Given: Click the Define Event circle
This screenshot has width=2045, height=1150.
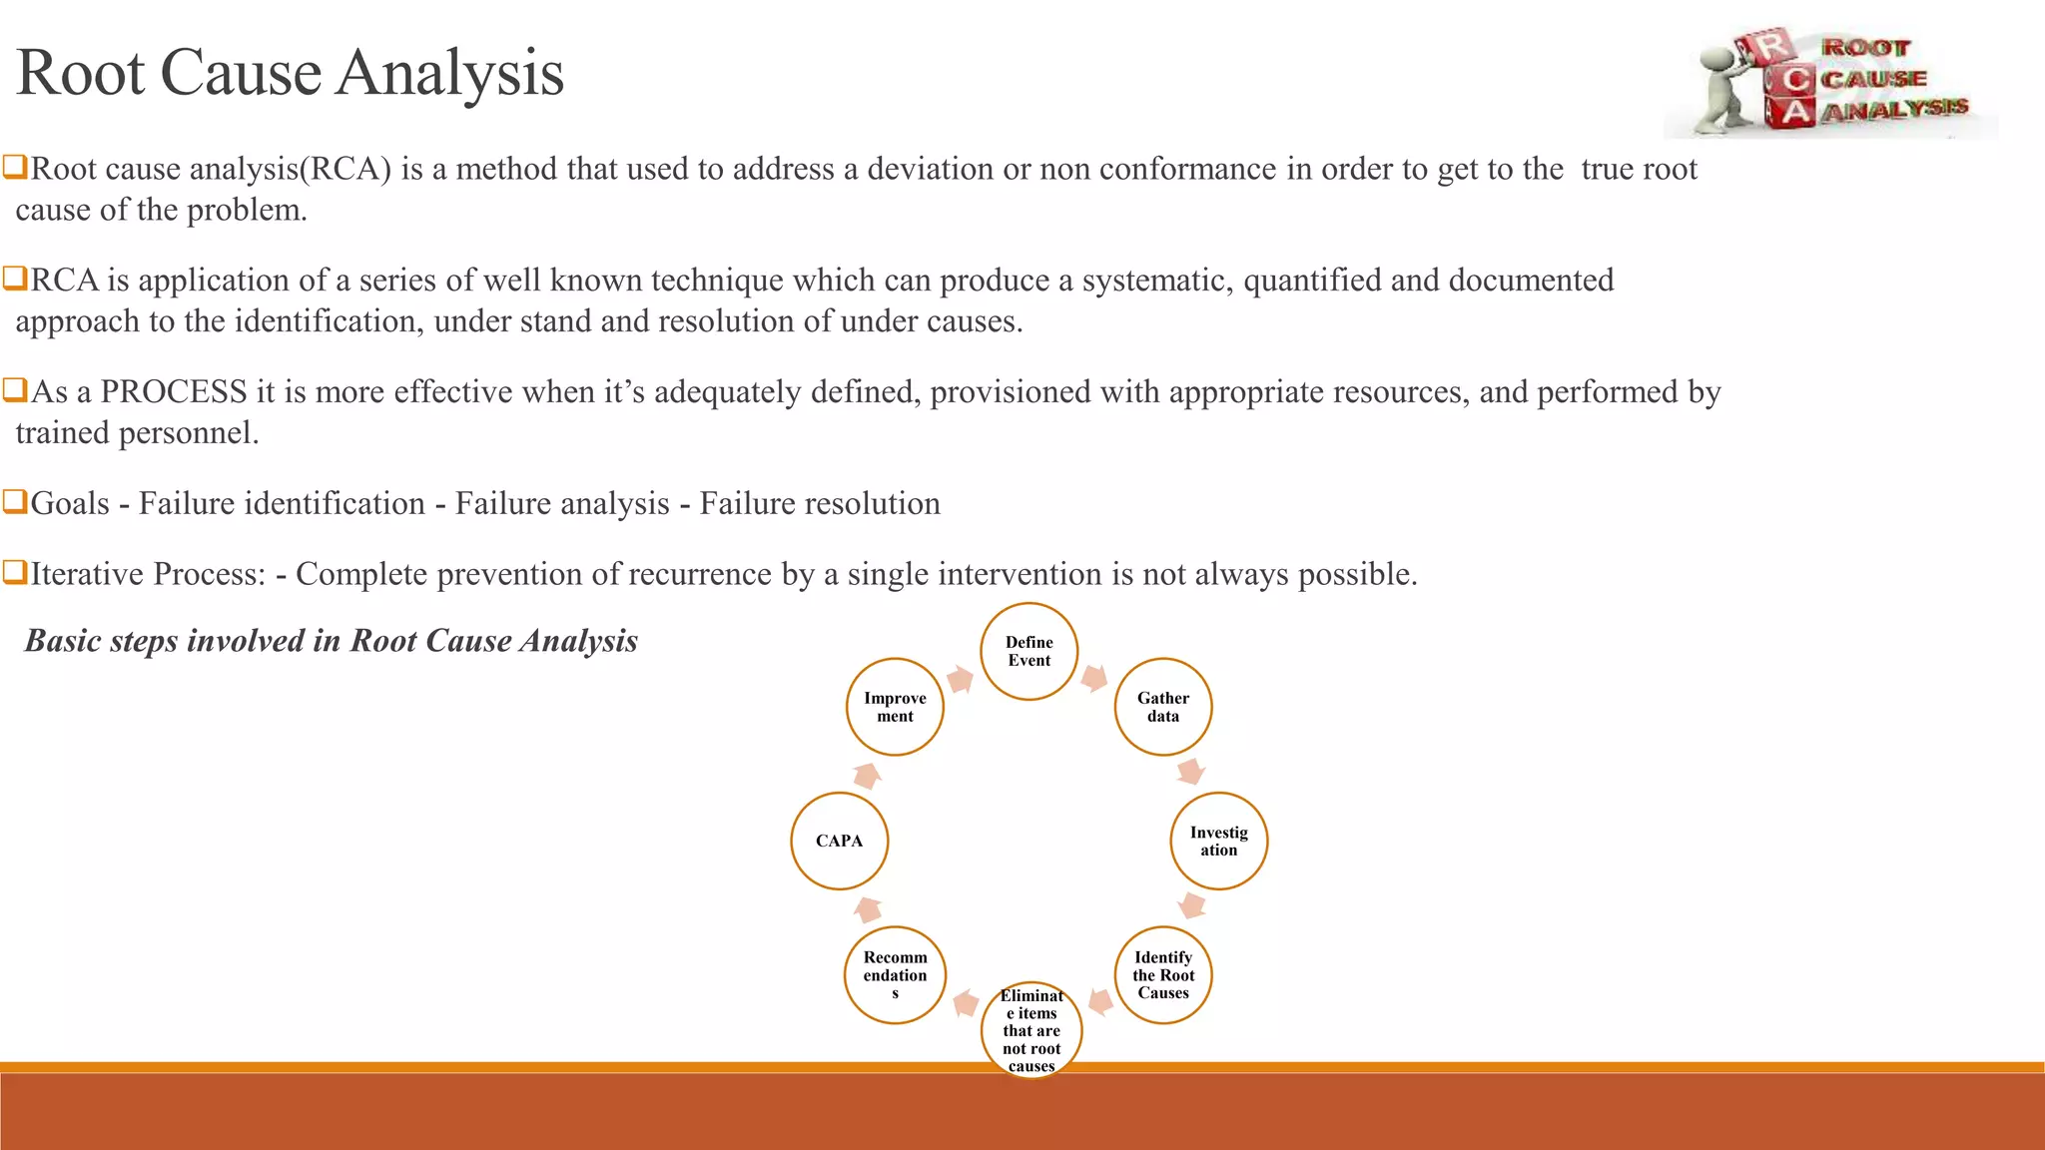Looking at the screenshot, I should [1029, 652].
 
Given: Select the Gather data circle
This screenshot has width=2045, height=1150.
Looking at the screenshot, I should [1163, 707].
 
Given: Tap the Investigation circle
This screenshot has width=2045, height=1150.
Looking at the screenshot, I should [1218, 841].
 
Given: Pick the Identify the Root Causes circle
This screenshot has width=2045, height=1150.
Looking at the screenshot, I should [1163, 975].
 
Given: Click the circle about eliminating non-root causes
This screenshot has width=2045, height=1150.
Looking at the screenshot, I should [1031, 1030].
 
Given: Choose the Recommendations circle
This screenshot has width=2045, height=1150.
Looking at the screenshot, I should [896, 975].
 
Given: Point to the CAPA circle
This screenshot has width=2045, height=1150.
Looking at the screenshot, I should [840, 841].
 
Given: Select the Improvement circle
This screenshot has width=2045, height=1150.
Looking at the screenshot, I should [896, 707].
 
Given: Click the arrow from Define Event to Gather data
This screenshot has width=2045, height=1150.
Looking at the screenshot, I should [1094, 679].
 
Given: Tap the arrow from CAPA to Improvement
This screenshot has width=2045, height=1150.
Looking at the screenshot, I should [867, 776].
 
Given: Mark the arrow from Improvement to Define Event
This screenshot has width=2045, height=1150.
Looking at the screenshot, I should [960, 680].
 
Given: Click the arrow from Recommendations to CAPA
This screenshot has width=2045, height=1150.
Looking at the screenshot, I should [869, 909].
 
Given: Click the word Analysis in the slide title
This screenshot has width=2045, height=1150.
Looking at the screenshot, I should [449, 74].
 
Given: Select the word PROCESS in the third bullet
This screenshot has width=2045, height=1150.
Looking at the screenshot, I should [174, 392].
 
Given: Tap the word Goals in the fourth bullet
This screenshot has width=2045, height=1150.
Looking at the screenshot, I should [70, 504].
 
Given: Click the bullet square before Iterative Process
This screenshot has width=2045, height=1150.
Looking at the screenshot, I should [14, 573].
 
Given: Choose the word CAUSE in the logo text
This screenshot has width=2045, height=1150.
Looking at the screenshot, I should [1874, 79].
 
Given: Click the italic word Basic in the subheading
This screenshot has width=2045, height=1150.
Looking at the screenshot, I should [62, 641].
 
